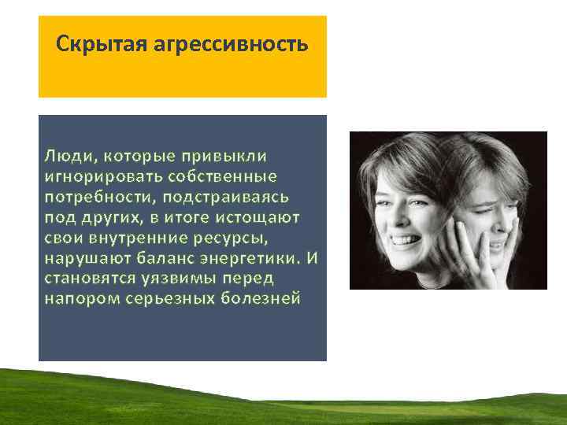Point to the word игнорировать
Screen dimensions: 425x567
point(98,174)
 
